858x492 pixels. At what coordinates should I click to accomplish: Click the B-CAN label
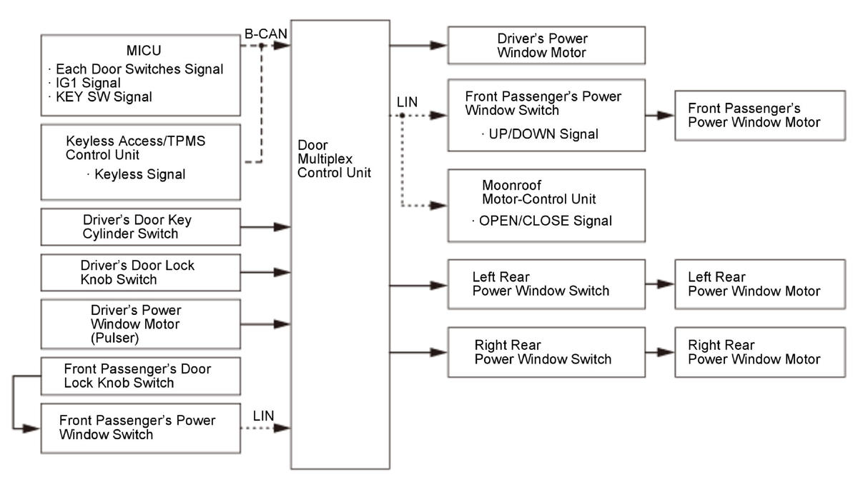click(x=266, y=34)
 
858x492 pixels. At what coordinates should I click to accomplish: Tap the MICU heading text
click(x=144, y=50)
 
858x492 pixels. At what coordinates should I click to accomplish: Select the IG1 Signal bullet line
click(x=84, y=83)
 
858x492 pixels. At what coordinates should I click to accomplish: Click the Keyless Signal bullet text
click(x=137, y=174)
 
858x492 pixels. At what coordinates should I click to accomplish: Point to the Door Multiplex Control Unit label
click(x=334, y=159)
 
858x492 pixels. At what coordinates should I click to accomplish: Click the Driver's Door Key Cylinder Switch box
click(x=141, y=227)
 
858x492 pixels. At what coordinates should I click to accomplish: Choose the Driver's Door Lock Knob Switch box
click(x=141, y=273)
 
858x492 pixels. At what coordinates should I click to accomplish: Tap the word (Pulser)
click(x=114, y=338)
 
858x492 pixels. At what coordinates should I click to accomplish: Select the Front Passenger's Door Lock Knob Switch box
click(x=141, y=376)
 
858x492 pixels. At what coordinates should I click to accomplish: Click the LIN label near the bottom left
click(x=263, y=416)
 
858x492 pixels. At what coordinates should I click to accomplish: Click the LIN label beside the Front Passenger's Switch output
click(x=407, y=102)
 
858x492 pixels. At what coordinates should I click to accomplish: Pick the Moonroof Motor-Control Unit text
click(x=538, y=192)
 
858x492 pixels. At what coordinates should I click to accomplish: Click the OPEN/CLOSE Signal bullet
click(x=542, y=221)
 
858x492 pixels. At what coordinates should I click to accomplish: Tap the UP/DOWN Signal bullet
click(x=540, y=134)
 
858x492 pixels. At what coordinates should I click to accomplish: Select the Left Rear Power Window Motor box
click(x=760, y=284)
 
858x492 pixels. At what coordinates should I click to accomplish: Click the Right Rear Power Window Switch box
click(x=546, y=352)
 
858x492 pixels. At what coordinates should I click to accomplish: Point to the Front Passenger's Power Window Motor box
click(x=760, y=116)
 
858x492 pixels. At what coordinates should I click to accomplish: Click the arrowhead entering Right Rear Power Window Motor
click(x=666, y=352)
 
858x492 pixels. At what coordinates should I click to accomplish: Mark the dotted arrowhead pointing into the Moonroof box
click(x=438, y=206)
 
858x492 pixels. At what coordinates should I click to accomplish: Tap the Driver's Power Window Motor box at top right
click(x=546, y=45)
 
